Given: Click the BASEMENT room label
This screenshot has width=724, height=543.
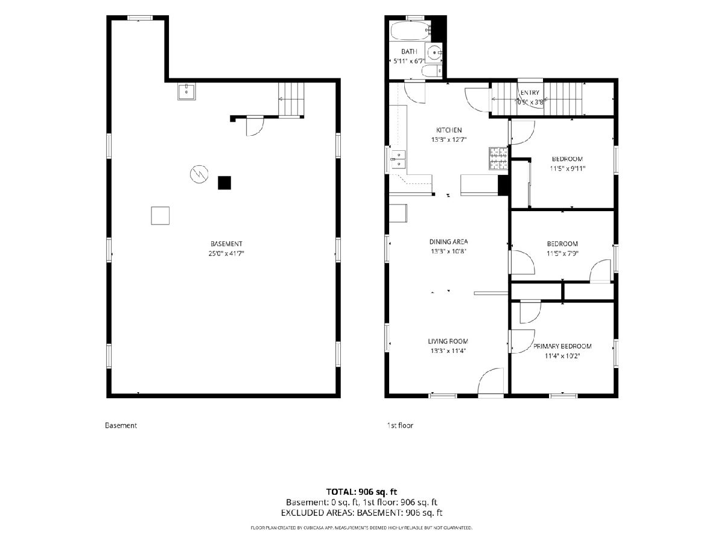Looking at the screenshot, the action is pyautogui.click(x=226, y=244).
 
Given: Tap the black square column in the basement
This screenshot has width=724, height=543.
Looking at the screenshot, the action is pyautogui.click(x=224, y=183).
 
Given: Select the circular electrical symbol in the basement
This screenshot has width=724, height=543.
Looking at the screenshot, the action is pyautogui.click(x=199, y=174).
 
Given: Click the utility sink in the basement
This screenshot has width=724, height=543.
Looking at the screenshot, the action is pyautogui.click(x=186, y=91).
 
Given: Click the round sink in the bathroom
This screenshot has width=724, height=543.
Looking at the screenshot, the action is pyautogui.click(x=434, y=52).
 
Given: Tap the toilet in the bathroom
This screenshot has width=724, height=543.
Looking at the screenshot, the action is pyautogui.click(x=432, y=71).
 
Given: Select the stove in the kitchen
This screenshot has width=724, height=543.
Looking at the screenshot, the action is pyautogui.click(x=498, y=159).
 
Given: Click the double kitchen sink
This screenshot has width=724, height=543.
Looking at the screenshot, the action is pyautogui.click(x=398, y=159).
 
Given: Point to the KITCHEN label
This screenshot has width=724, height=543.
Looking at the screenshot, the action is pyautogui.click(x=449, y=130).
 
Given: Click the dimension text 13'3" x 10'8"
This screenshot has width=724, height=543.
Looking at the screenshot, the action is pyautogui.click(x=449, y=251).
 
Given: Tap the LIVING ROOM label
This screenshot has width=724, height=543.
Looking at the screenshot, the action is pyautogui.click(x=448, y=341).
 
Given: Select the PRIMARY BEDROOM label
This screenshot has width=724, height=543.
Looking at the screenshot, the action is pyautogui.click(x=562, y=346).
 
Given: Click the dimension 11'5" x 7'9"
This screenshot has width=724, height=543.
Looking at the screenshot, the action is pyautogui.click(x=562, y=253).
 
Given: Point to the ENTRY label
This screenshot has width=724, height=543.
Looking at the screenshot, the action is pyautogui.click(x=530, y=93).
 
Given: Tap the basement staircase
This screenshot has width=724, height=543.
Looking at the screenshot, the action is pyautogui.click(x=291, y=99).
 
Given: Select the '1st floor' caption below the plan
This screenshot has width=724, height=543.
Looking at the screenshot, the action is pyautogui.click(x=400, y=425).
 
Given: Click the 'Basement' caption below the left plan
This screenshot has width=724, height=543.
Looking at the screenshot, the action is pyautogui.click(x=121, y=425).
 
